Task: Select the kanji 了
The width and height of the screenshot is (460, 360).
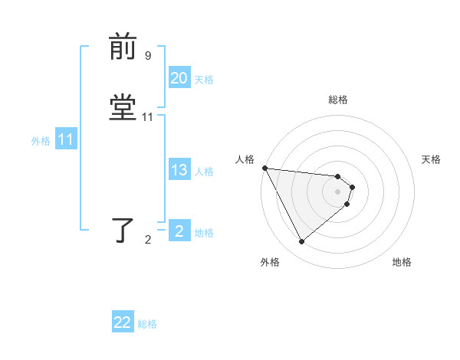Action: click(x=123, y=231)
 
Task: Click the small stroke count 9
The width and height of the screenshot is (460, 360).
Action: click(x=148, y=56)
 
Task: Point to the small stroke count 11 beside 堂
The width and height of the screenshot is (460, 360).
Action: click(x=148, y=117)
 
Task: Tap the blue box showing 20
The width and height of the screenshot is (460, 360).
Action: click(x=179, y=78)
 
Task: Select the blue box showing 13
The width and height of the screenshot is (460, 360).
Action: click(x=179, y=170)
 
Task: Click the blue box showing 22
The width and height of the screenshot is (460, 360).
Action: click(x=123, y=322)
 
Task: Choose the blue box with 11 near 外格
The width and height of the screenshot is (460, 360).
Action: click(x=65, y=140)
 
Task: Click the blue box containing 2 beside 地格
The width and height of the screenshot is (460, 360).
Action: click(x=179, y=231)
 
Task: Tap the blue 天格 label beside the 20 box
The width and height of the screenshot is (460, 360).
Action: click(x=204, y=80)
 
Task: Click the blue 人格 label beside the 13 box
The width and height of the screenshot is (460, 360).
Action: click(x=204, y=172)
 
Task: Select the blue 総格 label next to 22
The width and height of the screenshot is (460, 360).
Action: click(x=147, y=324)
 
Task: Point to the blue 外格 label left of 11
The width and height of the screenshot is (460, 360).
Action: click(x=41, y=142)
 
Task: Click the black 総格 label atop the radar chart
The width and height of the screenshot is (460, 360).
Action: click(x=338, y=100)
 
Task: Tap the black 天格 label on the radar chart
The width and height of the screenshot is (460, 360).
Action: click(x=432, y=159)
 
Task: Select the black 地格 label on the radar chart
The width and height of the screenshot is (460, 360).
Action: click(x=402, y=262)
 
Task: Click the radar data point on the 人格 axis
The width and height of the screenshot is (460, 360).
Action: click(x=264, y=168)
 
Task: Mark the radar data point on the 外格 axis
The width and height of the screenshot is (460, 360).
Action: click(x=301, y=242)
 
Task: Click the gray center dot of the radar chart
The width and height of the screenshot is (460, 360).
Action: click(x=338, y=191)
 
